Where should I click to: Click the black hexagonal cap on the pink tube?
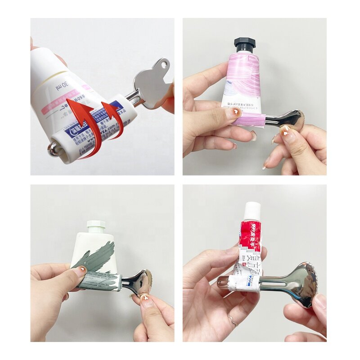pos(244,44)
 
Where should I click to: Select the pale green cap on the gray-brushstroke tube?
pos(95,225)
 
